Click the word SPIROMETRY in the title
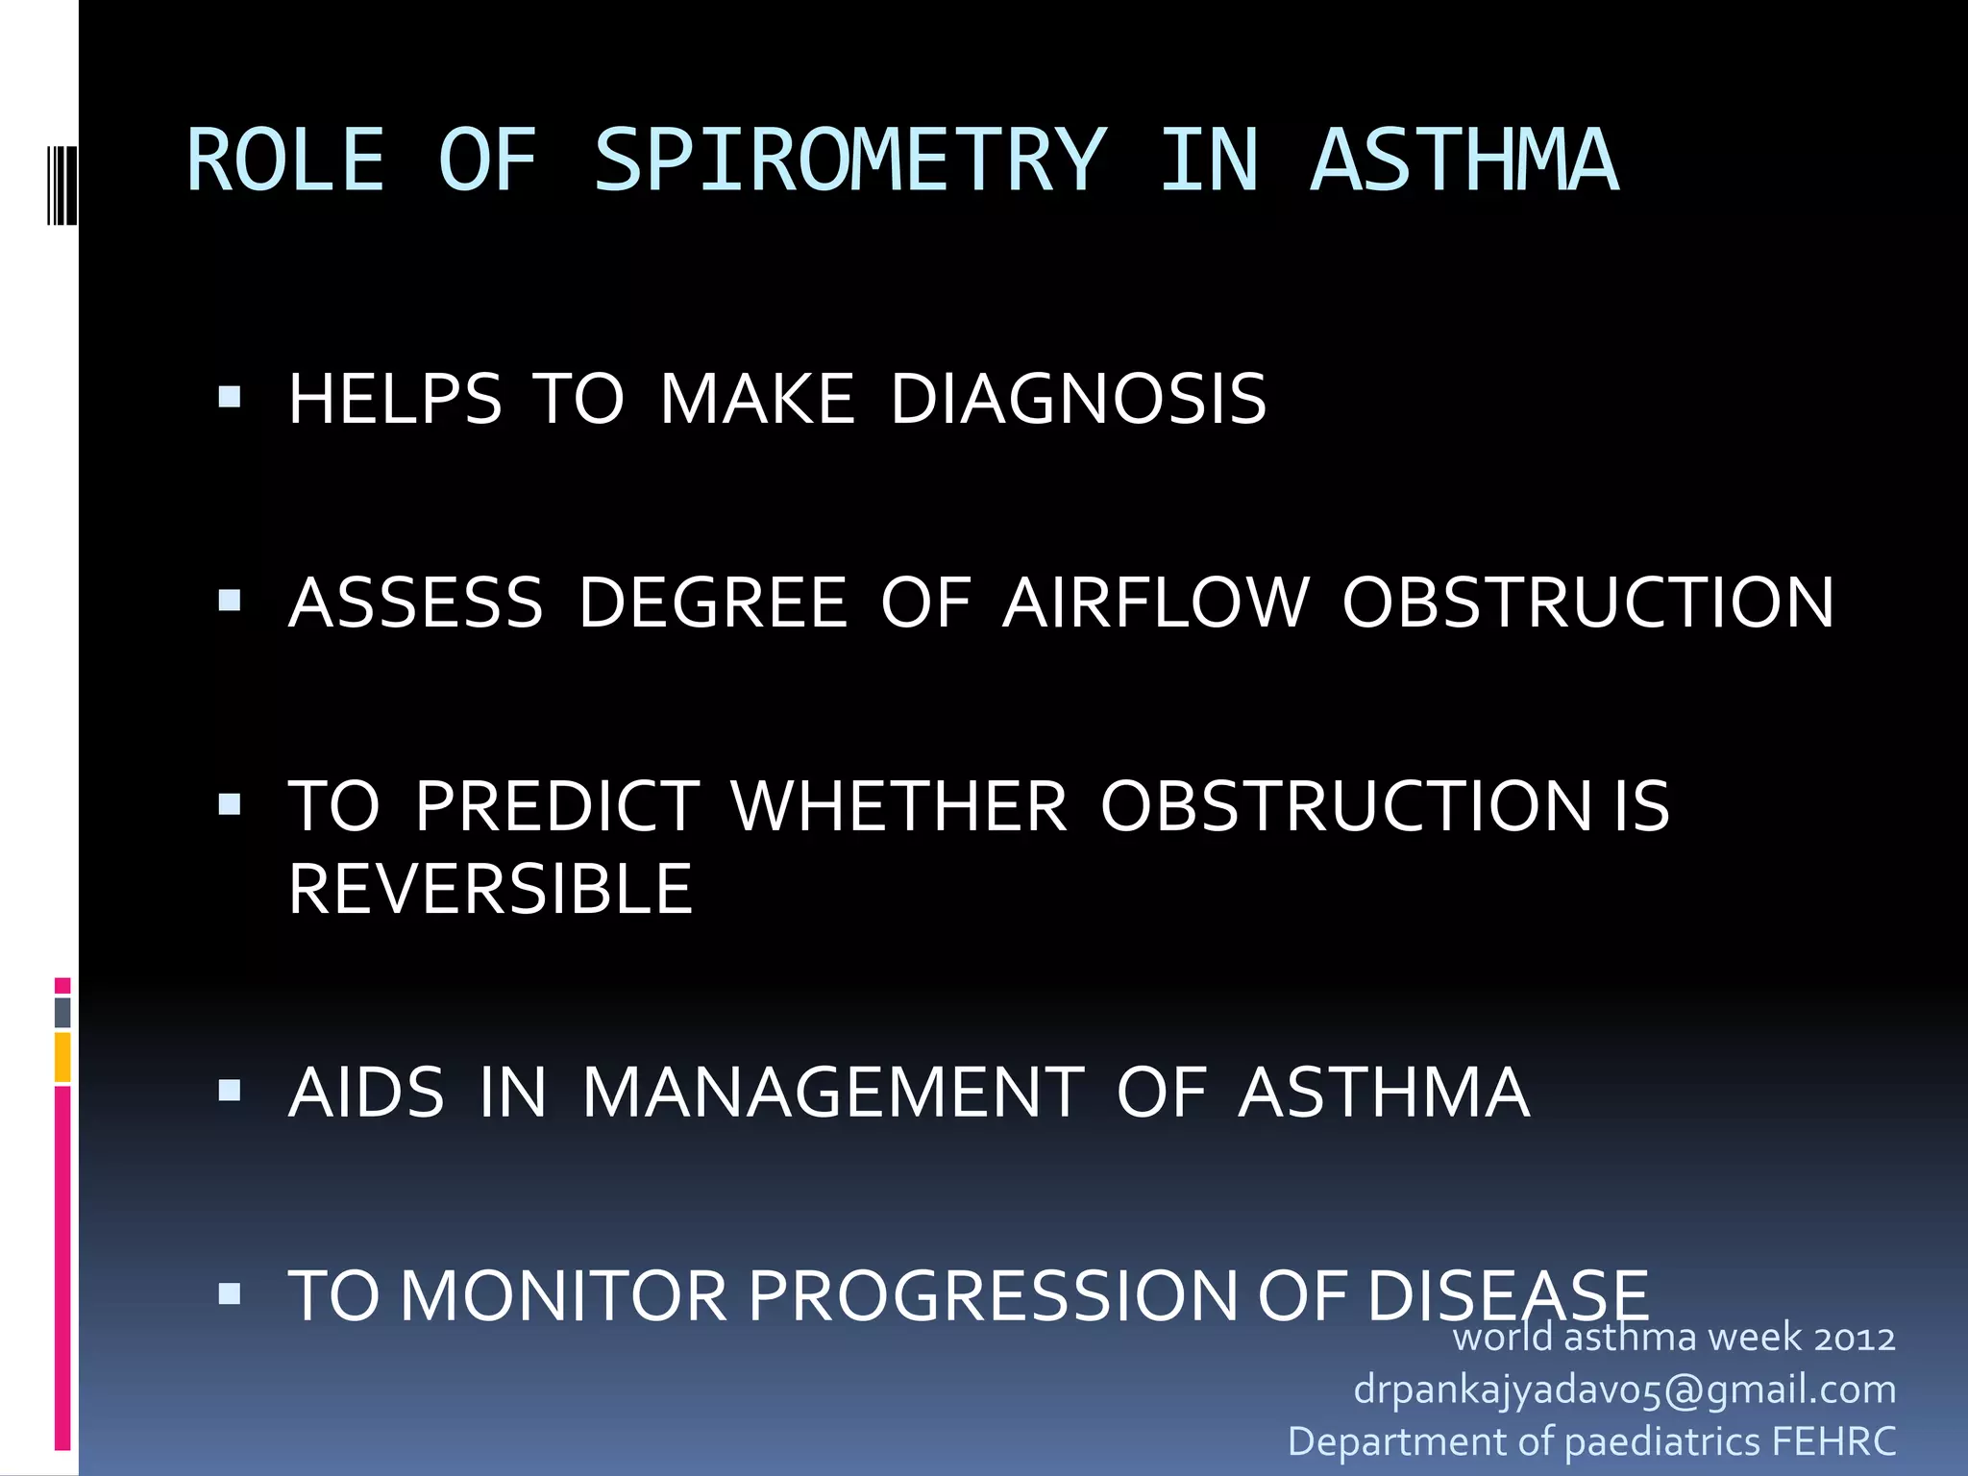click(x=849, y=161)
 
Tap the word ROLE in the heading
click(x=285, y=161)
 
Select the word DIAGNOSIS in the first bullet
click(x=1078, y=399)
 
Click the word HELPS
click(x=395, y=399)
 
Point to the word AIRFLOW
click(x=1156, y=603)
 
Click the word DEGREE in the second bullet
click(x=713, y=603)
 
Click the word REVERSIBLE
click(x=490, y=889)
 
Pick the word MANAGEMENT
click(x=833, y=1093)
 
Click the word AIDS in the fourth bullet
click(x=367, y=1093)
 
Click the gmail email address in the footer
click(x=1624, y=1390)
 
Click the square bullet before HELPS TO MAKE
click(x=230, y=397)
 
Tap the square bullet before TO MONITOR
click(x=230, y=1293)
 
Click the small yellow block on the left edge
click(x=62, y=1057)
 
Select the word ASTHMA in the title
click(x=1464, y=161)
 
